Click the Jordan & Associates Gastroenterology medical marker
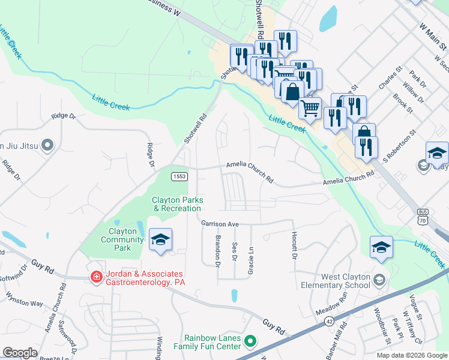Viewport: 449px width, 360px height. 95,277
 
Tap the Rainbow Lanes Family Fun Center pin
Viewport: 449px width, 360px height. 251,343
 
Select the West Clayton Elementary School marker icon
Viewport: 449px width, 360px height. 379,280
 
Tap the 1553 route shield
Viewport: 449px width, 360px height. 178,176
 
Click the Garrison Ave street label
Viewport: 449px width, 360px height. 220,223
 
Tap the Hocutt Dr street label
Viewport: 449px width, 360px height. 295,245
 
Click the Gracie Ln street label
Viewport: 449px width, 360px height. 251,261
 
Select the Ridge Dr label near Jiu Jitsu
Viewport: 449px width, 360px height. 64,116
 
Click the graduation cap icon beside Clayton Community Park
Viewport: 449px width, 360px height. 160,240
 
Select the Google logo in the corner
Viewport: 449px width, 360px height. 20,353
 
